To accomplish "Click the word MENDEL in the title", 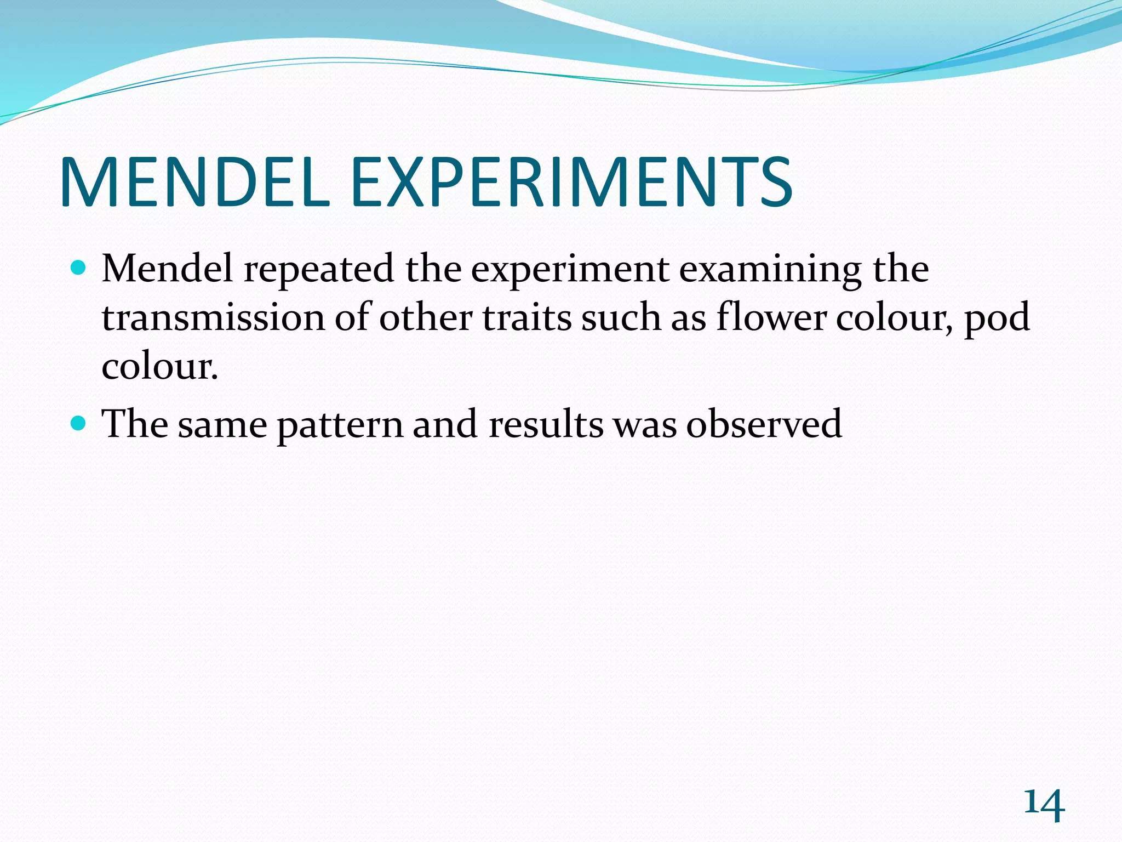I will pyautogui.click(x=195, y=182).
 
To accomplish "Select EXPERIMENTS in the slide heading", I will pyautogui.click(x=571, y=182).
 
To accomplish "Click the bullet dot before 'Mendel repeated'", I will pyautogui.click(x=79, y=269).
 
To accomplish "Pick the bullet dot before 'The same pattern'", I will pyautogui.click(x=79, y=424).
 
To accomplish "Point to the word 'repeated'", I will pyautogui.click(x=318, y=270).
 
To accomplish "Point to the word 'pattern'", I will pyautogui.click(x=340, y=425).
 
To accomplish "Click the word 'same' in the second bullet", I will pyautogui.click(x=222, y=425).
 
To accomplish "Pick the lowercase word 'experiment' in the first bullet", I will pyautogui.click(x=570, y=270).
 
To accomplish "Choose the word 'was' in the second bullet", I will pyautogui.click(x=645, y=425).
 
